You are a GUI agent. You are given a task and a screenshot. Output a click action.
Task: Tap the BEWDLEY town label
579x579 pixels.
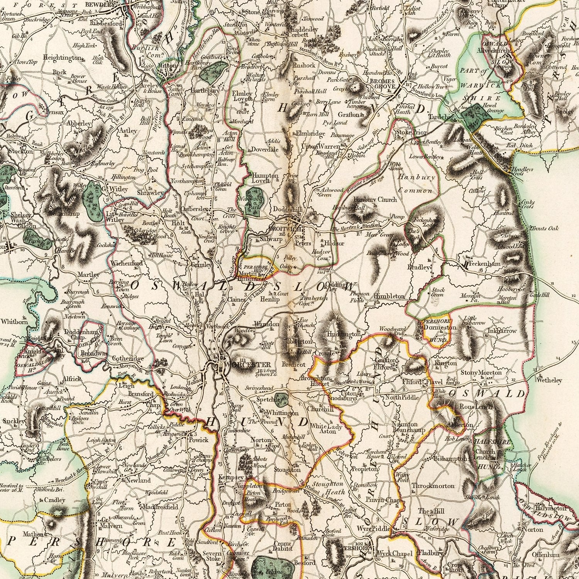(x=102, y=6)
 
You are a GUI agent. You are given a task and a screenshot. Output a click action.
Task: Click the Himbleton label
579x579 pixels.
(x=389, y=296)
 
